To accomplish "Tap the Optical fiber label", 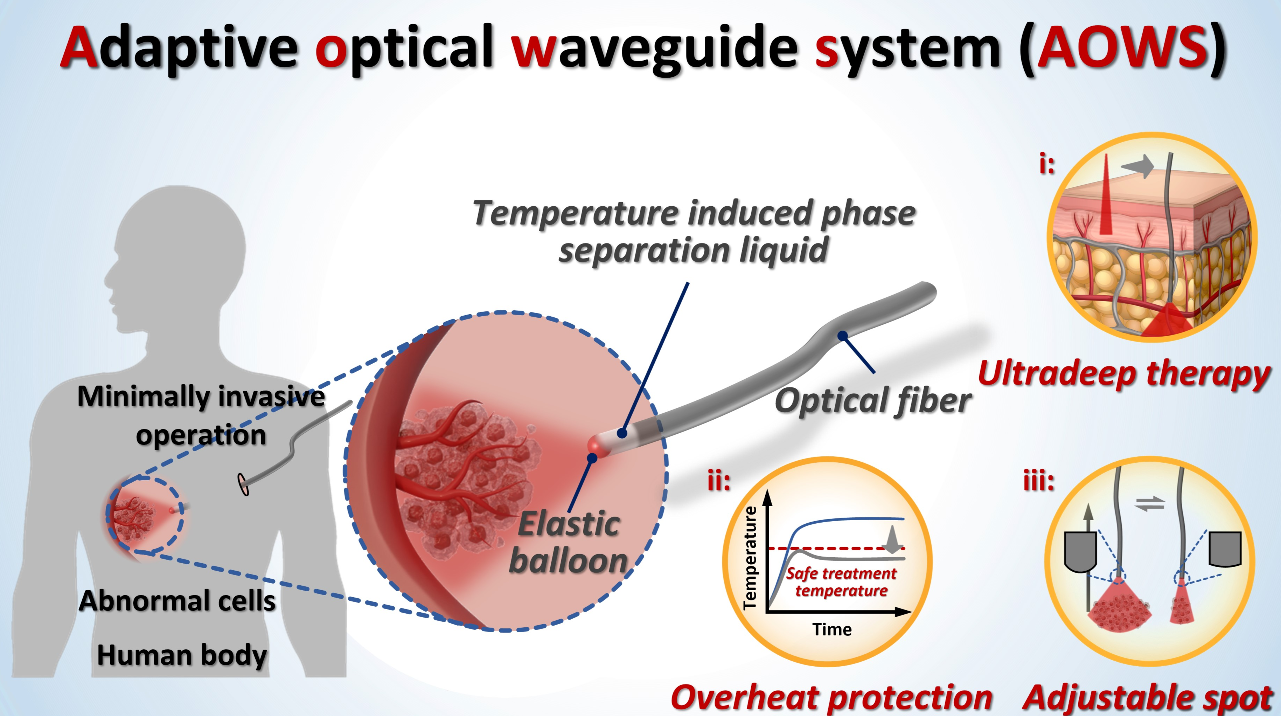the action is click(873, 401).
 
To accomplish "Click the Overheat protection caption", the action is click(831, 697).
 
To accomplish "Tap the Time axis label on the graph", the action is click(832, 629).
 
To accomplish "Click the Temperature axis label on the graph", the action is click(750, 558).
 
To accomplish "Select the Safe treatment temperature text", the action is click(841, 581).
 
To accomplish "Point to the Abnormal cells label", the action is click(177, 600).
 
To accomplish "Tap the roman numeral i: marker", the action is click(1047, 164).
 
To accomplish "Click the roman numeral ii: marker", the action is click(719, 481).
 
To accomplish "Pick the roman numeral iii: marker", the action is click(1039, 481).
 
